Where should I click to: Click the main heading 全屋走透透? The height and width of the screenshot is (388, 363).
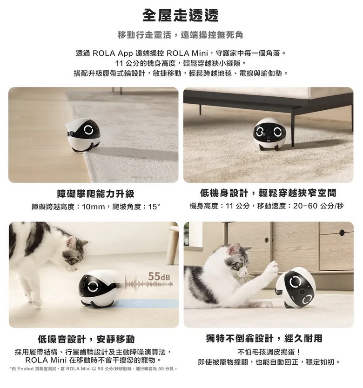[x=181, y=15]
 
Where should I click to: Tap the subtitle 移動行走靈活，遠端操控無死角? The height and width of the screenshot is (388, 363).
[x=181, y=35]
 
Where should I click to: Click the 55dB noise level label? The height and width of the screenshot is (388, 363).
[x=160, y=276]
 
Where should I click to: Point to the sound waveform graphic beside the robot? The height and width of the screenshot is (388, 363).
[x=148, y=284]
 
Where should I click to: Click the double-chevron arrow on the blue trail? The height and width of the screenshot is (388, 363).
[x=138, y=303]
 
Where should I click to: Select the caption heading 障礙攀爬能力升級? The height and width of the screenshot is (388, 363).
[x=95, y=194]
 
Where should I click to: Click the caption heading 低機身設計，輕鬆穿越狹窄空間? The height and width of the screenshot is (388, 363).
[x=269, y=193]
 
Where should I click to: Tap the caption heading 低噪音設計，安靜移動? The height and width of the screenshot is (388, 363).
[x=87, y=339]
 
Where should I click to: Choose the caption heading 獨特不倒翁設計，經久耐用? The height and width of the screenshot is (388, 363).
[x=264, y=338]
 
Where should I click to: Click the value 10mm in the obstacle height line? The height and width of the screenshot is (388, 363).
[x=94, y=207]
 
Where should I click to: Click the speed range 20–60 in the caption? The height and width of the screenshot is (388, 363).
[x=306, y=206]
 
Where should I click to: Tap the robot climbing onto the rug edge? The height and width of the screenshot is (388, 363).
[x=84, y=135]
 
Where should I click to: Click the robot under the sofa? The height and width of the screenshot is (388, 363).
[x=269, y=134]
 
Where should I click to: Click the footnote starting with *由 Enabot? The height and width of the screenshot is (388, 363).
[x=94, y=369]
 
